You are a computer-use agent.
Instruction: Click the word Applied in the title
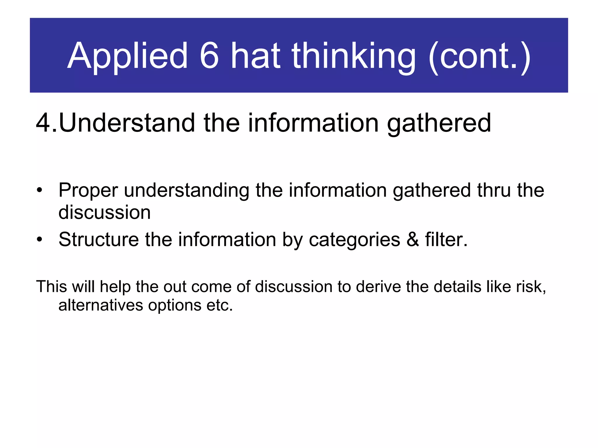point(127,56)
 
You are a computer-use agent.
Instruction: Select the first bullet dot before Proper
point(40,191)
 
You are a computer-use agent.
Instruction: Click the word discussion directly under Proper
point(105,212)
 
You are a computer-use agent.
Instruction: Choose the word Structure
point(98,240)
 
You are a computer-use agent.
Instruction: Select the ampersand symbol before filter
point(413,240)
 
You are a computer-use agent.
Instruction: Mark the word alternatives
point(101,305)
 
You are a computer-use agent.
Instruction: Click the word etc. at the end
point(220,305)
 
